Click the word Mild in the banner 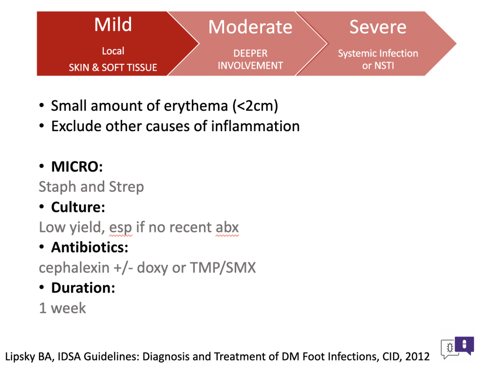coord(113,24)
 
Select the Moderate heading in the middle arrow coord(250,27)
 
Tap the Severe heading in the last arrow coord(378,27)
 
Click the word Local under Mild coord(113,51)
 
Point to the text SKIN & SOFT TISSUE coord(113,67)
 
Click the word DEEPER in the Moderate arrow coord(250,53)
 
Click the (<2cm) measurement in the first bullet coord(255,106)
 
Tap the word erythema coord(196,106)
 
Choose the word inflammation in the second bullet coord(255,126)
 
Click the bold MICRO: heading coord(77,167)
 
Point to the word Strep coord(127,187)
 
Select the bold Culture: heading coord(78,207)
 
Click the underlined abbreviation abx coord(227,228)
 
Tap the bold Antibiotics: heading coord(90,248)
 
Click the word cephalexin coord(74,268)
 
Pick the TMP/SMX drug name coord(223,268)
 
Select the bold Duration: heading coord(83,288)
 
